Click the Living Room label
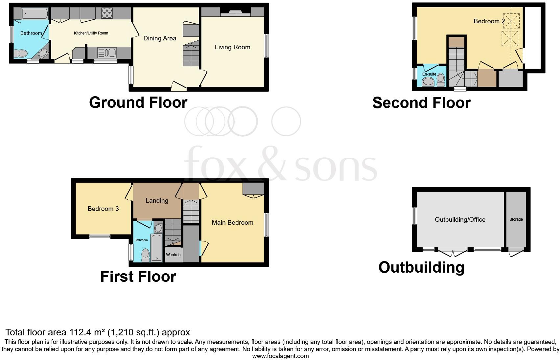pyautogui.click(x=232, y=47)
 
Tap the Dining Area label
pyautogui.click(x=160, y=38)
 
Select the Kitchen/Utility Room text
pyautogui.click(x=91, y=33)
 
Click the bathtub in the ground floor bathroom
pyautogui.click(x=35, y=14)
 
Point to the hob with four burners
pyautogui.click(x=107, y=13)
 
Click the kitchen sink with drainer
pyautogui.click(x=107, y=53)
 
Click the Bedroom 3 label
pyautogui.click(x=103, y=209)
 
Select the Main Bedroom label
pyautogui.click(x=232, y=223)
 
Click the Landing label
pyautogui.click(x=157, y=201)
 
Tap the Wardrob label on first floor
pyautogui.click(x=173, y=255)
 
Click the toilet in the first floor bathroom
pyautogui.click(x=146, y=255)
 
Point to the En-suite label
pyautogui.click(x=429, y=74)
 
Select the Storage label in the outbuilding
pyautogui.click(x=516, y=219)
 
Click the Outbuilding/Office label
pyautogui.click(x=460, y=220)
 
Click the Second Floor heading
pyautogui.click(x=421, y=103)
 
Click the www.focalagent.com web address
pyautogui.click(x=280, y=356)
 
